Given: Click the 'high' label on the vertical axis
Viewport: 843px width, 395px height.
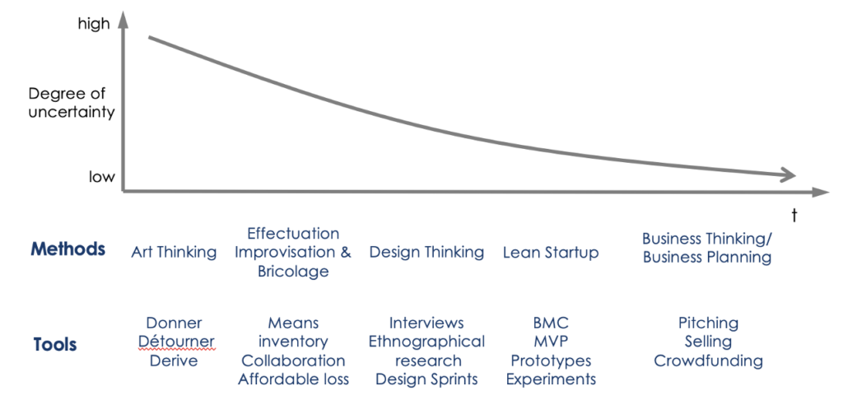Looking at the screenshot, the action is coord(94,25).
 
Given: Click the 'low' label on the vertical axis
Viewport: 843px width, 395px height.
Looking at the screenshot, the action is coord(102,177).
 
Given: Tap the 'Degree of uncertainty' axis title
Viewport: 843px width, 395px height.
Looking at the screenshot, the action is coord(72,103).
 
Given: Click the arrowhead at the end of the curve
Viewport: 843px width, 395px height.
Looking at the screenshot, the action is coord(786,174).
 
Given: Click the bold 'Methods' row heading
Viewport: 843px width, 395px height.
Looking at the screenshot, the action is coord(68,249).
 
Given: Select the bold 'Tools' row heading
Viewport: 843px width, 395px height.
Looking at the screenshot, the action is coord(54,344).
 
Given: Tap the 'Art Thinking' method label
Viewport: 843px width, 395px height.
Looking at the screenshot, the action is coord(174,252).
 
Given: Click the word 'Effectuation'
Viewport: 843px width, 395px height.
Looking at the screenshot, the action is coord(293,234).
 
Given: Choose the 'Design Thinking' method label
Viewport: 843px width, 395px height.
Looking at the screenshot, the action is coord(426,252).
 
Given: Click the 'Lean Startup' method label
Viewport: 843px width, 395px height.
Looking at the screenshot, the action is coord(551,252).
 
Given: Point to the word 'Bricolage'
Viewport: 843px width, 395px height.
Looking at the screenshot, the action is coord(293,272).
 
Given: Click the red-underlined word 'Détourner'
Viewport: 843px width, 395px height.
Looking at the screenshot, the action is coord(176,342).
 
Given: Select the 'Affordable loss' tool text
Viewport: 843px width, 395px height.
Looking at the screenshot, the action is coord(294,379).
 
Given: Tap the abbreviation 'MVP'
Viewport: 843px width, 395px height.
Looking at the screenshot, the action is coord(551,342).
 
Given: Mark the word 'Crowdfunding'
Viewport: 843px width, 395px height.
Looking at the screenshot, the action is coord(708,360).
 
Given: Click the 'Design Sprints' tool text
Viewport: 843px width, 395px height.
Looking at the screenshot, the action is coord(426,379).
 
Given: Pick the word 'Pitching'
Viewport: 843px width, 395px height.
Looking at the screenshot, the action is coord(708,323).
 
